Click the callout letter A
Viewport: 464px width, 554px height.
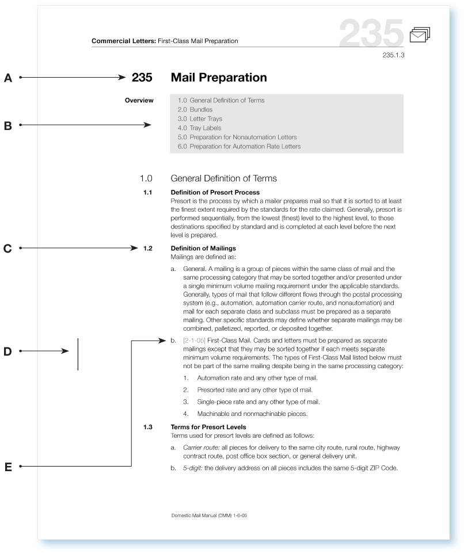coord(8,77)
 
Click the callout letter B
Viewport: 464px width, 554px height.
coord(8,124)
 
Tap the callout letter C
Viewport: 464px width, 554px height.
coord(8,249)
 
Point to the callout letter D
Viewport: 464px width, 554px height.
coord(8,351)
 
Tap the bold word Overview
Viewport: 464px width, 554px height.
coord(139,101)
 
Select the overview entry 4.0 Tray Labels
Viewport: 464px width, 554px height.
coord(199,128)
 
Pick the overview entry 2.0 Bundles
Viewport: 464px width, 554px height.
coord(195,109)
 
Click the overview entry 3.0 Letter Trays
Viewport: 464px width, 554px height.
coord(200,119)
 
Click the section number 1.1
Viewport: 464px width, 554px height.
coord(147,192)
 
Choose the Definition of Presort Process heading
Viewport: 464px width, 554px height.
coord(215,192)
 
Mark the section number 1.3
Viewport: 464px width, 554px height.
coord(147,427)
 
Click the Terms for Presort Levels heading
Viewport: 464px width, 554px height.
coord(208,427)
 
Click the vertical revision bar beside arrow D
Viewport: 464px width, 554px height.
coord(78,354)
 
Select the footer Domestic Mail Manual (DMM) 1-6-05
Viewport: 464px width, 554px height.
coord(210,516)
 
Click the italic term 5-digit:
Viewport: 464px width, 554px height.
coord(192,467)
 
